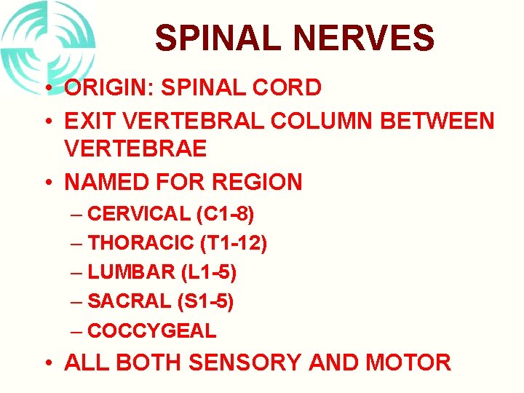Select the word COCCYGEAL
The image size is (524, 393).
point(151,330)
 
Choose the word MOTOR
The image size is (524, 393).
point(414,362)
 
